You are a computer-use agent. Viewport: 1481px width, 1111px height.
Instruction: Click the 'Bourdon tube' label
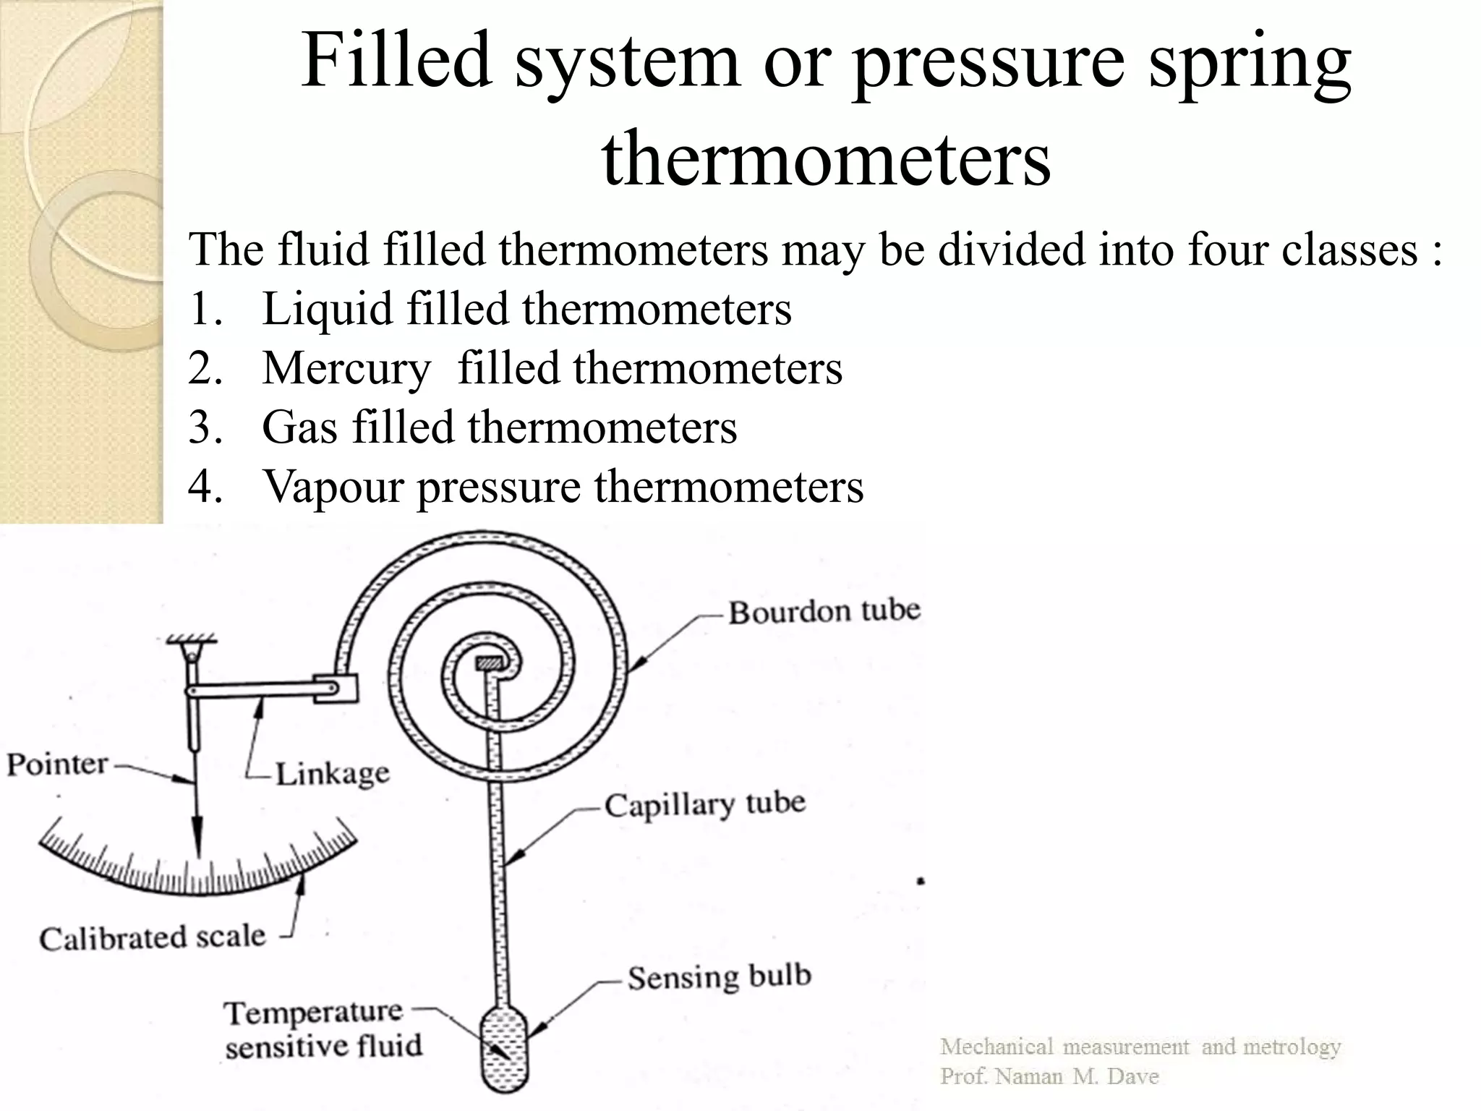coord(824,612)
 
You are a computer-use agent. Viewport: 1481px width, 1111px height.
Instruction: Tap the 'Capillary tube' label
coord(705,804)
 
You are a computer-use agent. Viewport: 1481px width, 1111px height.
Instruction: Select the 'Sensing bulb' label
coord(719,977)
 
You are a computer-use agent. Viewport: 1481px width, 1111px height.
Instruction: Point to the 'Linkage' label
coord(333,774)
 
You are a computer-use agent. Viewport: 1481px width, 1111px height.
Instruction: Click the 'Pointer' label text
coord(57,764)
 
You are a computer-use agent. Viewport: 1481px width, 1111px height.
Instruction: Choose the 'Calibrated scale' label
coord(153,938)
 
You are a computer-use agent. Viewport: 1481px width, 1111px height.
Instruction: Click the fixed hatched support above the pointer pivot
coord(192,640)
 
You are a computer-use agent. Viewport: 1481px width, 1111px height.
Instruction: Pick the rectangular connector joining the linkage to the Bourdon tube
coord(336,689)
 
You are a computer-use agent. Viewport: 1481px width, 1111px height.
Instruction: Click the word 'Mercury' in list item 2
coord(346,369)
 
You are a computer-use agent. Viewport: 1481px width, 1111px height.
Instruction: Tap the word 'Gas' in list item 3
coord(299,427)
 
